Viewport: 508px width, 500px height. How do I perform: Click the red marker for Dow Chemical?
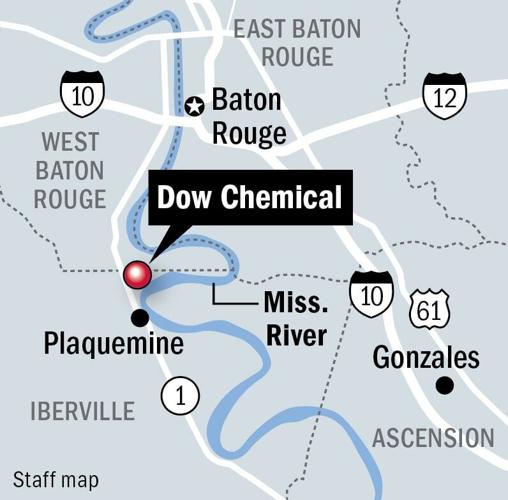click(137, 274)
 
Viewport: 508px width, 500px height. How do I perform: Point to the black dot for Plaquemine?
click(141, 317)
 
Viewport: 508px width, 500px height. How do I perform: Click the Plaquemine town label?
click(113, 345)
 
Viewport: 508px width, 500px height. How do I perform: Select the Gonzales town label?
click(426, 357)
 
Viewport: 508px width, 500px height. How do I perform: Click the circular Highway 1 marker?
click(180, 396)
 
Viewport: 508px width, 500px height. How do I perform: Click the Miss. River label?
click(295, 317)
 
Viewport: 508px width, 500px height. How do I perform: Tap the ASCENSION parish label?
click(432, 438)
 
